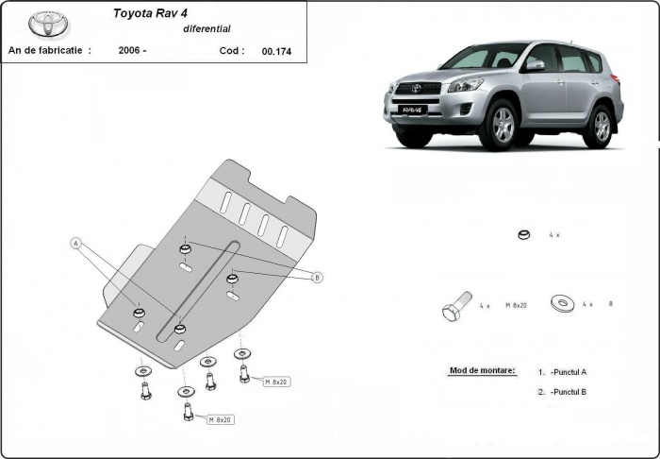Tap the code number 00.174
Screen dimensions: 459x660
click(276, 52)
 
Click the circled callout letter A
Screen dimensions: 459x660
click(75, 243)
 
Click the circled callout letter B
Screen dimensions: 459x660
click(317, 277)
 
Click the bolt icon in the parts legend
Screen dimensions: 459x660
click(455, 307)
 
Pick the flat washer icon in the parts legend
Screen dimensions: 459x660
click(564, 304)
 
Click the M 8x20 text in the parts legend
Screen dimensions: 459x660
click(518, 305)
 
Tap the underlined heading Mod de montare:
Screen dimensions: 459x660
click(483, 370)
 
